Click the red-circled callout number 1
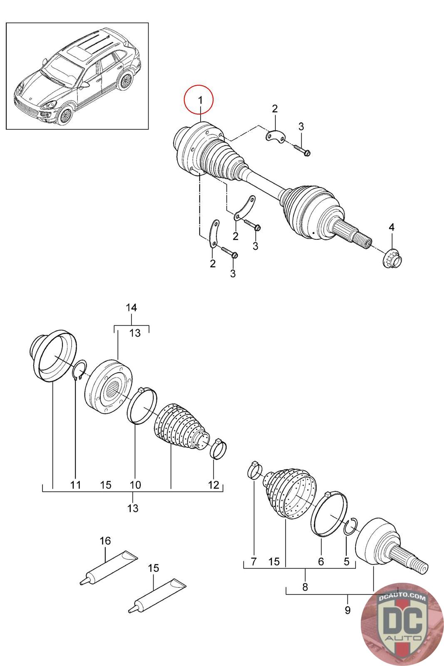click(200, 100)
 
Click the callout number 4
click(392, 227)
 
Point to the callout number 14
click(131, 308)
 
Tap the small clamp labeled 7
click(255, 471)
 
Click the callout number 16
click(105, 541)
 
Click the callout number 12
click(213, 485)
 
